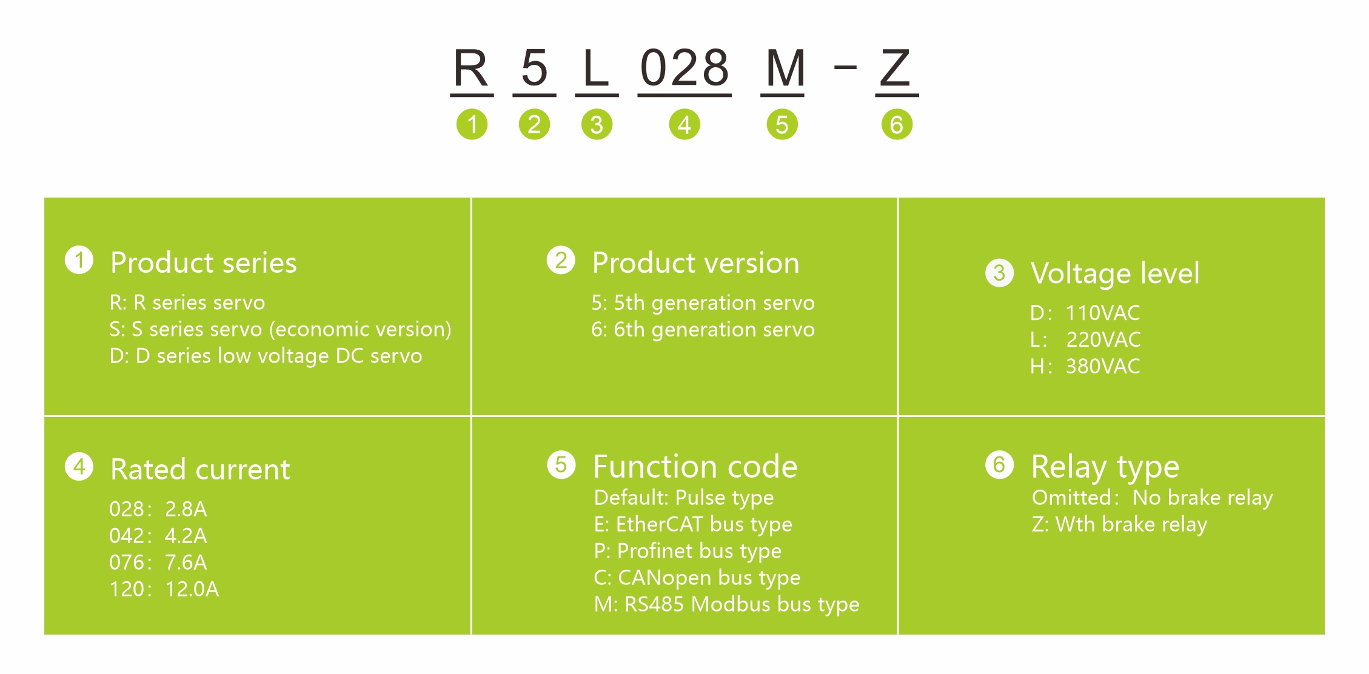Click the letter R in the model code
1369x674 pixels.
pos(471,68)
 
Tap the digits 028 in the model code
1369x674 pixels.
pos(684,68)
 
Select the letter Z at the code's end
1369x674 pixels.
pos(895,68)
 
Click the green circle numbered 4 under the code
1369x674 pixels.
pos(684,125)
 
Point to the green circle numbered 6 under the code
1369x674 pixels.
pos(897,125)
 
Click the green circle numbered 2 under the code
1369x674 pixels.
pos(534,125)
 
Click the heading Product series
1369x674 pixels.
pos(204,263)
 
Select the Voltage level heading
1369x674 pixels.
pos(1115,273)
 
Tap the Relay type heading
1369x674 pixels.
pos(1105,467)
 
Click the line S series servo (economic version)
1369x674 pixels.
pos(280,329)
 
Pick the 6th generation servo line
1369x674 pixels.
pos(703,329)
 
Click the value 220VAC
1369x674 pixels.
pos(1103,339)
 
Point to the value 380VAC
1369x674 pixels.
pos(1103,366)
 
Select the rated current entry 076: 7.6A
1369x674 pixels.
pos(158,562)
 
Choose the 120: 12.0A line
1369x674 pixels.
pos(164,589)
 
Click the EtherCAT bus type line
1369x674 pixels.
pos(693,524)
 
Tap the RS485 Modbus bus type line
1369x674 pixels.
pos(727,604)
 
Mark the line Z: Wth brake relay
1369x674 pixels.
pos(1119,524)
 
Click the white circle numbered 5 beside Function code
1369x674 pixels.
pos(561,465)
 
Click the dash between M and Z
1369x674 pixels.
pos(845,67)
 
